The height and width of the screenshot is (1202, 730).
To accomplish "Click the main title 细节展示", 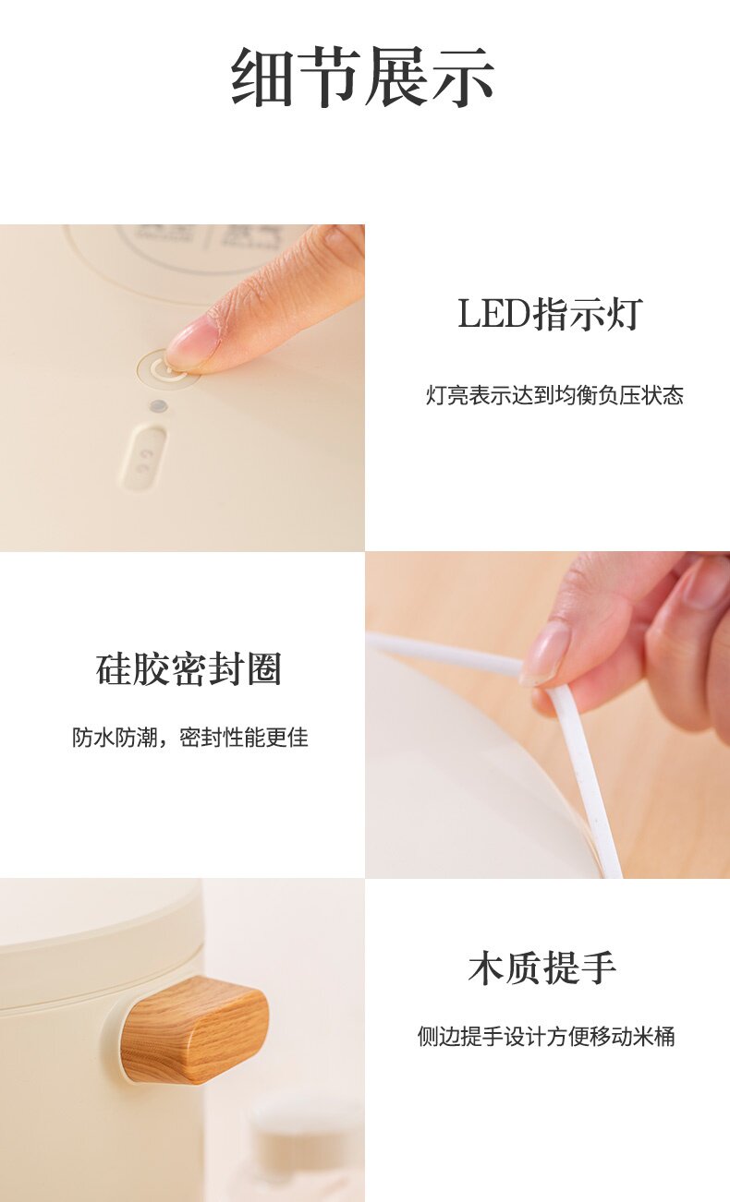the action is point(363,76).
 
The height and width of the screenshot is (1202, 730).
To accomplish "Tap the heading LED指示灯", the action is point(551,314).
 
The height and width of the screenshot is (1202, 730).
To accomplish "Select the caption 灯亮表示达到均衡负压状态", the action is point(554,395).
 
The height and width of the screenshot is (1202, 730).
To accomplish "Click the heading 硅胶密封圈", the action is point(189,669).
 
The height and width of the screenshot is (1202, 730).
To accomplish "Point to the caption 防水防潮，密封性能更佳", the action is point(190,738).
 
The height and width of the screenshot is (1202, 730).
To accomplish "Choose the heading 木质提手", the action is point(542,968).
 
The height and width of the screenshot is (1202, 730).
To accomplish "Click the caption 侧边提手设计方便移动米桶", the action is point(546,1036).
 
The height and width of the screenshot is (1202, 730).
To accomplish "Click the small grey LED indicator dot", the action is point(157,406).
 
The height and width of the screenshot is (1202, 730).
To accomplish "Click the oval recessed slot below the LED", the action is point(143,457).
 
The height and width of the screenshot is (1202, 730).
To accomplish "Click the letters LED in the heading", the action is point(494,315).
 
